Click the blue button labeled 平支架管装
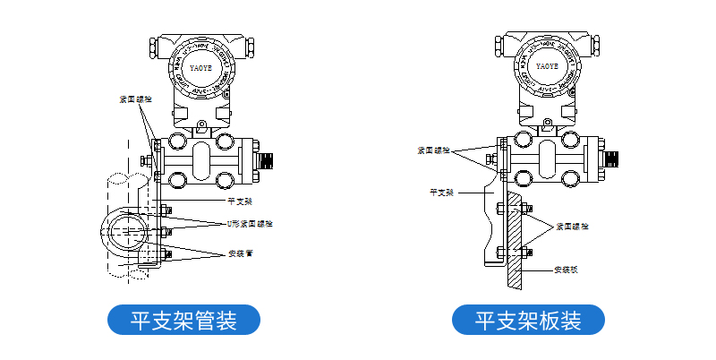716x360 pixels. [x=183, y=320]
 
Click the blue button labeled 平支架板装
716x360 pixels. [x=528, y=320]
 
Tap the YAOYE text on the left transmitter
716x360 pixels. [x=201, y=66]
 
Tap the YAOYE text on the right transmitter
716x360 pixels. [x=546, y=66]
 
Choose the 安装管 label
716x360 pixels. [x=241, y=253]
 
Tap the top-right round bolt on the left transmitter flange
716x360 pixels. [x=226, y=139]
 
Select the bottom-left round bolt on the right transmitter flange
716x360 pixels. [x=524, y=180]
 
